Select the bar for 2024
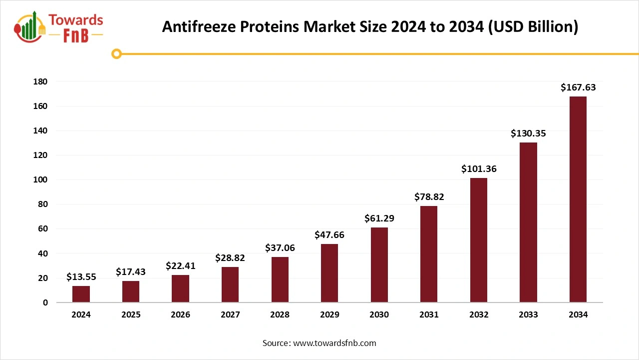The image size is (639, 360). tap(81, 294)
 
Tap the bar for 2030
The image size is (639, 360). tap(379, 265)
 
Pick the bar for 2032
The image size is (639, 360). tap(478, 240)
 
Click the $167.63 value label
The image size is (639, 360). tap(578, 87)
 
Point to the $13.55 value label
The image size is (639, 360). tap(81, 277)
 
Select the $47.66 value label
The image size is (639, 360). tap(329, 235)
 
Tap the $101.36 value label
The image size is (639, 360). tap(479, 169)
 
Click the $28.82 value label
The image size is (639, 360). tap(230, 258)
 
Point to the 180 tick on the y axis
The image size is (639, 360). tap(40, 81)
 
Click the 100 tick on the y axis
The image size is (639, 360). tap(40, 179)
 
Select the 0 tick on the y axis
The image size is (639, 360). tap(45, 302)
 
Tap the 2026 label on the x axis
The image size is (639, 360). tap(180, 315)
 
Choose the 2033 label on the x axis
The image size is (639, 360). tap(528, 315)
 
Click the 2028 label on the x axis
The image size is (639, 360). tap(280, 315)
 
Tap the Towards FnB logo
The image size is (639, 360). tap(59, 27)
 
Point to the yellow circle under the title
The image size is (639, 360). tap(116, 53)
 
